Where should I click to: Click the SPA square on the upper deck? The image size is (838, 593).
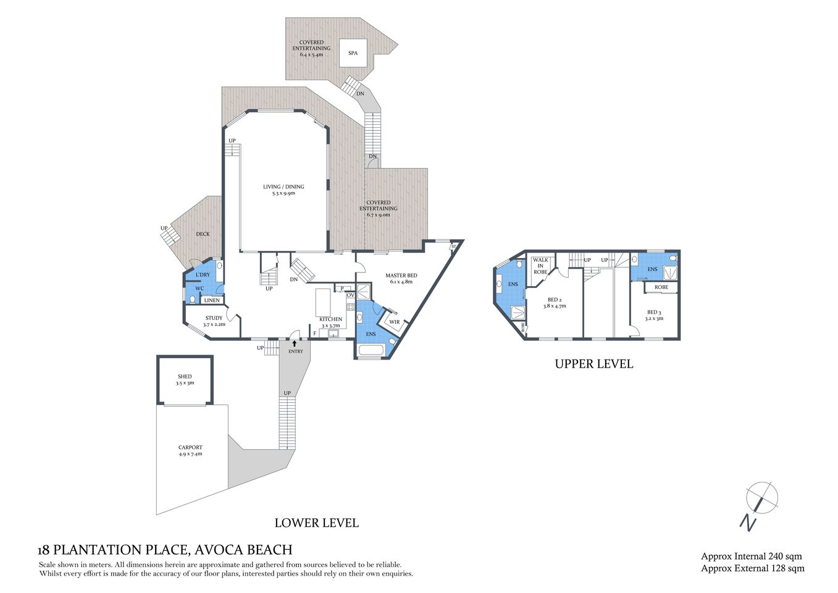point(353,53)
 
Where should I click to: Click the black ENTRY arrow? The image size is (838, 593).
point(295,342)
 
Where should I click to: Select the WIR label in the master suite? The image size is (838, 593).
point(394,322)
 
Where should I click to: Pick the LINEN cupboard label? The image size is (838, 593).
point(212,300)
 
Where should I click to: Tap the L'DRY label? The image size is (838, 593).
point(203,274)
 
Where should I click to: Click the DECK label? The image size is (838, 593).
point(203,234)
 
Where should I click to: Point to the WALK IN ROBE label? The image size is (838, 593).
point(540,266)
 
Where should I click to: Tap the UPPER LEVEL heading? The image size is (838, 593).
point(593,364)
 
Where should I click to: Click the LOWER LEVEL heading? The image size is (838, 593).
point(316,523)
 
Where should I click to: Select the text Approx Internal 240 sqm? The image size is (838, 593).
point(751,557)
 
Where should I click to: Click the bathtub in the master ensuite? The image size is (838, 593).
point(371,351)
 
